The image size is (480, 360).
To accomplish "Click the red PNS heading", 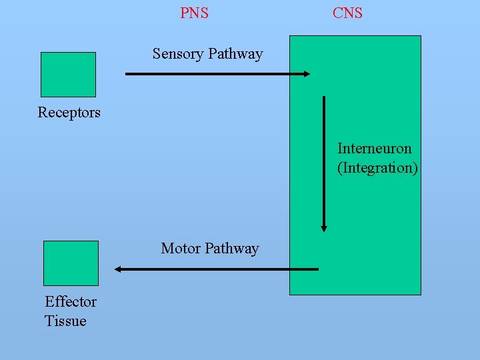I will pos(194,13).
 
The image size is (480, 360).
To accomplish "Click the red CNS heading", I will pos(347,13).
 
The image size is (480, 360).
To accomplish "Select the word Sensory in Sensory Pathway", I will pos(178,54).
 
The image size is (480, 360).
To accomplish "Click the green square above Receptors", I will pos(68,75).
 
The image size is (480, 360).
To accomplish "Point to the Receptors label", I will pos(69,112).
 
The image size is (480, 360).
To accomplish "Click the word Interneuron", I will pos(374,148).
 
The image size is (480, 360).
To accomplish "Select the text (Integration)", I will pos(377,167).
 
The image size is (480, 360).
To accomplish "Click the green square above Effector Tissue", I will pos(71,263).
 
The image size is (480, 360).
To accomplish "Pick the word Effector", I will pos(71,301).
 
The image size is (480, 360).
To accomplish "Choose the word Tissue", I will pos(65,321).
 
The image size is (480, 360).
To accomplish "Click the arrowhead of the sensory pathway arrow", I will pos(306,74).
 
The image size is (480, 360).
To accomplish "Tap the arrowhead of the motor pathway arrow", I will pos(118,269).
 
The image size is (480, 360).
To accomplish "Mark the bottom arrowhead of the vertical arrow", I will pos(324,227).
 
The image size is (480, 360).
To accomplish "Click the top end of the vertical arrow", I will pos(324,98).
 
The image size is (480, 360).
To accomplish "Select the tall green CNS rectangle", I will pos(373,200).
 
